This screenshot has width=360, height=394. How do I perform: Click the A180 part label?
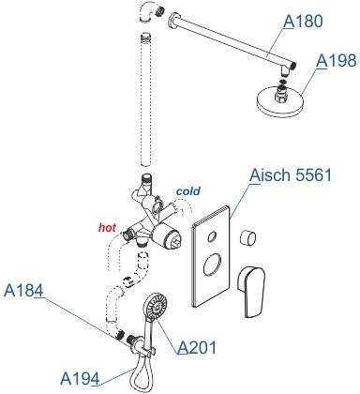point(303,22)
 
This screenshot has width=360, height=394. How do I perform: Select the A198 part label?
point(336,60)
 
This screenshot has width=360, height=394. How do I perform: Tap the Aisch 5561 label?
point(291,175)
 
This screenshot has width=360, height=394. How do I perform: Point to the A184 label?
point(23,291)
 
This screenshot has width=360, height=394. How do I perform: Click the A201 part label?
point(197,347)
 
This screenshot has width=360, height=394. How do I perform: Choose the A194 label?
point(80,379)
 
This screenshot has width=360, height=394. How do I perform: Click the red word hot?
point(108,228)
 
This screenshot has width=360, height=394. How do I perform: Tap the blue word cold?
point(188,190)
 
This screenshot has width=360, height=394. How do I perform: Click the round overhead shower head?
point(279,101)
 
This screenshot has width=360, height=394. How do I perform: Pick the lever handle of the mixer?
point(252,291)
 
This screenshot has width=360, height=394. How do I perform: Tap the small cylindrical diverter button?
point(248,238)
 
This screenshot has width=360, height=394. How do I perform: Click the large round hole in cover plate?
point(213,265)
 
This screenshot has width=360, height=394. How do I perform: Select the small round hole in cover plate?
point(212,236)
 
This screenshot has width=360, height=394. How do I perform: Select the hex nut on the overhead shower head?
point(280,95)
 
